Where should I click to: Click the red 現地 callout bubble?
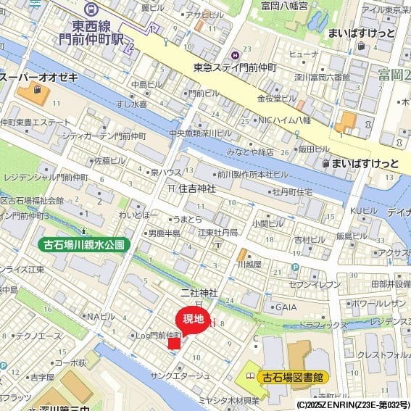(x=192, y=319)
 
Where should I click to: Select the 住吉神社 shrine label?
(x=196, y=188)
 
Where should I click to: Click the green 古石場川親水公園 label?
(x=84, y=244)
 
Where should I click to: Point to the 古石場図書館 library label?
(x=294, y=377)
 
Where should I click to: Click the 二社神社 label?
(x=199, y=292)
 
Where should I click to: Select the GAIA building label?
(x=286, y=307)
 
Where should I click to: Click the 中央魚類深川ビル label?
(x=200, y=133)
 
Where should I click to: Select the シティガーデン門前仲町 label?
(x=104, y=136)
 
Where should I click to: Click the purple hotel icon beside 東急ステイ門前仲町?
(x=235, y=55)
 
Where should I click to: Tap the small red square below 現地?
(x=174, y=343)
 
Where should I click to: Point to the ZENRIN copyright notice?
(x=353, y=404)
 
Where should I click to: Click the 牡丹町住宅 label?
(x=292, y=192)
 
